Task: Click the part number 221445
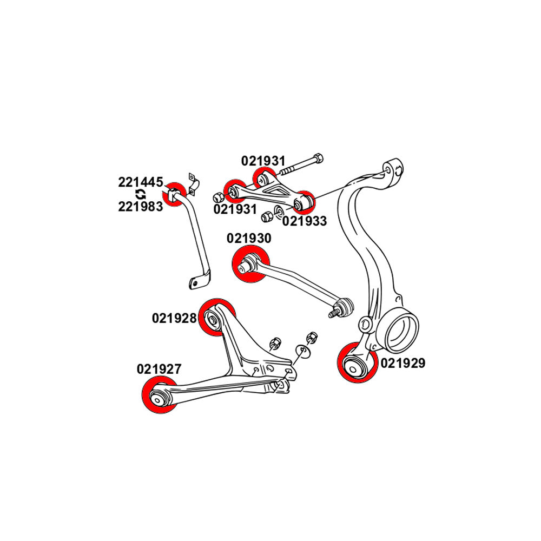[x=140, y=182]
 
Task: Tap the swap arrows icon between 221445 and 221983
[x=140, y=194]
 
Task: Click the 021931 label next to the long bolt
[x=263, y=161]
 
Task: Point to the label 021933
[x=305, y=221]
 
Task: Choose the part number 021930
[x=249, y=238]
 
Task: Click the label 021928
[x=174, y=318]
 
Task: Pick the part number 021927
[x=159, y=369]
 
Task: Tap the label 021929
[x=403, y=363]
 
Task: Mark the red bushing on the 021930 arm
[x=250, y=264]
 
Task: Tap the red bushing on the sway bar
[x=175, y=194]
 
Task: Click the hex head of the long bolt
[x=318, y=159]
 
